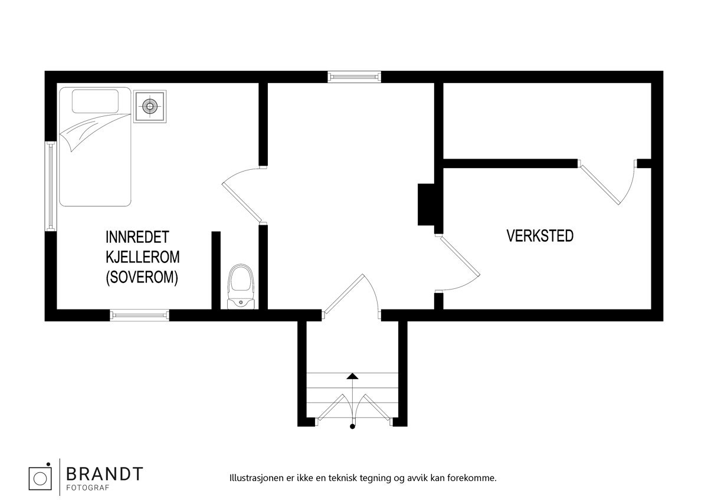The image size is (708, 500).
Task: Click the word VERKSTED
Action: (x=540, y=236)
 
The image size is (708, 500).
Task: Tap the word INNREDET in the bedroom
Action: (x=137, y=238)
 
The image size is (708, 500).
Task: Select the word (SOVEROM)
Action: (x=142, y=278)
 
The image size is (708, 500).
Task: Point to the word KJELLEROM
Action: (x=143, y=258)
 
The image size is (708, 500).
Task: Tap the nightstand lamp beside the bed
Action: (x=150, y=106)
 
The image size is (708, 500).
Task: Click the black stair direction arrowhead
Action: (x=352, y=375)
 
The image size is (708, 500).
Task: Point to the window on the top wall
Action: (x=354, y=76)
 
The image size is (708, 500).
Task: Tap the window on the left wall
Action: (x=51, y=186)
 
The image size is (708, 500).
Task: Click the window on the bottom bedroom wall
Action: (x=140, y=315)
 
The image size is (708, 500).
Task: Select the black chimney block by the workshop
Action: (x=427, y=204)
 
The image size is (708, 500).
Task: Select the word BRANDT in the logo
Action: (x=104, y=473)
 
